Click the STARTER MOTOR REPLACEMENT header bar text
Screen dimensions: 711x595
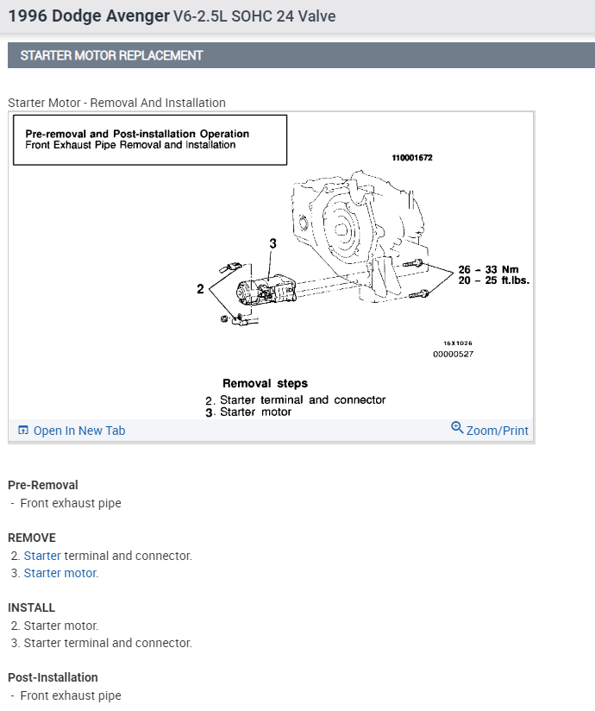tap(111, 55)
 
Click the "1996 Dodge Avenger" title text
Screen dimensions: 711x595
tap(88, 16)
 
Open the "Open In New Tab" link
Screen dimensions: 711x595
tap(78, 431)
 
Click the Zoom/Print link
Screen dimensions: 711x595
tap(497, 431)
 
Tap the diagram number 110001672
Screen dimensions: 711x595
tap(411, 159)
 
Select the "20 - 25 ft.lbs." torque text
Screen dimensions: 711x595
tap(493, 280)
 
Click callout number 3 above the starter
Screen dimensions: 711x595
tap(272, 244)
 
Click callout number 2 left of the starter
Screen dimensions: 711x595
tap(200, 290)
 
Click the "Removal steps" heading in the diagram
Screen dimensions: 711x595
tap(265, 383)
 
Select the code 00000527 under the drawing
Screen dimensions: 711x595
tap(453, 354)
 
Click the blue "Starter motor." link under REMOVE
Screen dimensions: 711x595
tap(60, 573)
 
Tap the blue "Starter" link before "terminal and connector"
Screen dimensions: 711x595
tap(42, 556)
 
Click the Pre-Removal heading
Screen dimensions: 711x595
tap(42, 485)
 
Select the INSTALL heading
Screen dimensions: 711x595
tap(31, 607)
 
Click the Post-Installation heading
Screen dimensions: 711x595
tap(53, 677)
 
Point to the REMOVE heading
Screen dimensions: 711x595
tap(31, 538)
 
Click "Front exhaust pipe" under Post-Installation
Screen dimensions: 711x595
tap(71, 695)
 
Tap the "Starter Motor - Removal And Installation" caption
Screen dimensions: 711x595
tap(116, 103)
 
